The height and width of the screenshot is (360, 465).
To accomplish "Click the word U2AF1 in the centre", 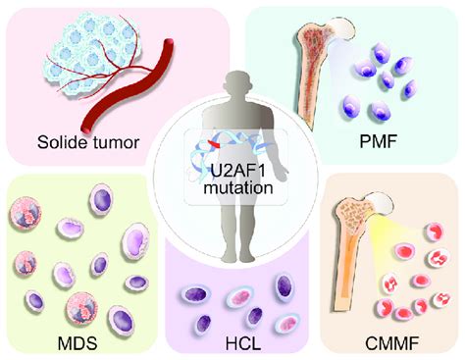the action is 232,175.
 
